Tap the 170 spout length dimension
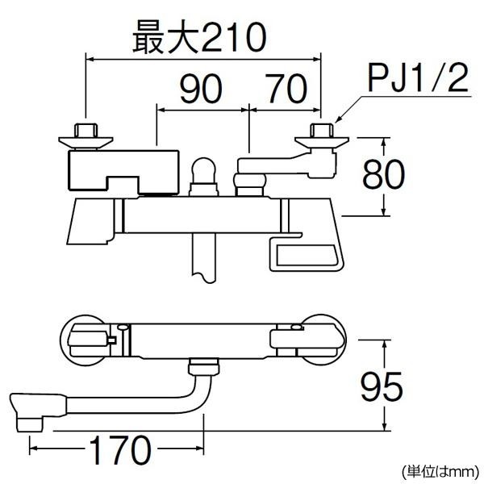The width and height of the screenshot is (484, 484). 118,445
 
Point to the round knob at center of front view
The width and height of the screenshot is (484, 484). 203,172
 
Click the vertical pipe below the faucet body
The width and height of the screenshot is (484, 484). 203,255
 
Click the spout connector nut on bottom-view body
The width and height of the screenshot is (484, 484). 203,369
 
